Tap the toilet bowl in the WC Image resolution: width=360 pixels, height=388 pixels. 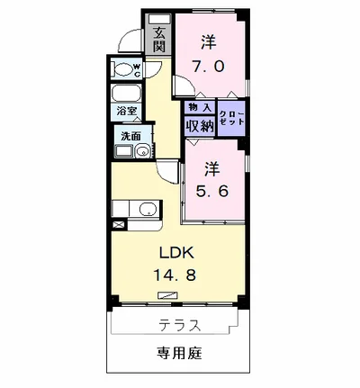click(x=123, y=70)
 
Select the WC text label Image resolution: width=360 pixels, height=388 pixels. click(x=137, y=70)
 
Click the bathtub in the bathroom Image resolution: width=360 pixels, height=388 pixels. click(x=126, y=94)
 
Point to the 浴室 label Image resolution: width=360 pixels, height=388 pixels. click(x=127, y=112)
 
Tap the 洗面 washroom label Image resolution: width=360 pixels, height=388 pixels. click(x=130, y=136)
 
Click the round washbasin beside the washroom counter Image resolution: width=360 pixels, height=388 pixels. click(x=143, y=151)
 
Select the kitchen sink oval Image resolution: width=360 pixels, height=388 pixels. click(x=148, y=208)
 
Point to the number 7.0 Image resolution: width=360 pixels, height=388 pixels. click(x=208, y=67)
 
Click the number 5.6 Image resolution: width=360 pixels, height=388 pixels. click(x=212, y=191)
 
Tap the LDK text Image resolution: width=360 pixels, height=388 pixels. click(x=177, y=254)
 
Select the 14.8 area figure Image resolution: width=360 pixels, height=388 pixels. click(x=175, y=275)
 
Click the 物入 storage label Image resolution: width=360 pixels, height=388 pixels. click(x=200, y=107)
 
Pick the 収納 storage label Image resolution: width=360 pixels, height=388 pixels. click(x=200, y=126)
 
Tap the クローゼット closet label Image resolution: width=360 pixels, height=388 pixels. click(x=232, y=118)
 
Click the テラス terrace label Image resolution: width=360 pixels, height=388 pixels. click(x=180, y=325)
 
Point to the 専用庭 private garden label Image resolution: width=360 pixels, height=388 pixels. click(x=180, y=354)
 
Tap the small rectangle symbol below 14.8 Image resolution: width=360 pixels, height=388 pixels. click(x=167, y=295)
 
